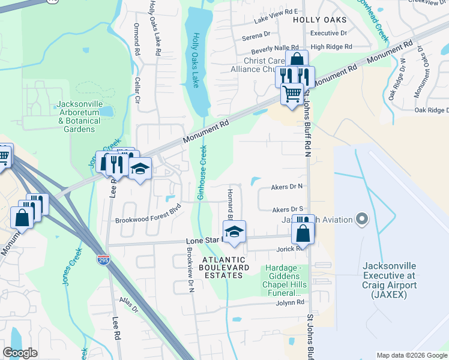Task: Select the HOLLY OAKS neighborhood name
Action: coord(320,20)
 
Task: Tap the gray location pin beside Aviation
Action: coord(361,219)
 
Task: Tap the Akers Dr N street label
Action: coord(286,187)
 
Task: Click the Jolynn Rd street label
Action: coord(291,302)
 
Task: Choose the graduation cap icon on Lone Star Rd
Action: coord(235,232)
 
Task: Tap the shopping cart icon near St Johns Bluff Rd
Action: coord(292,94)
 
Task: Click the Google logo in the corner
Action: coord(20,353)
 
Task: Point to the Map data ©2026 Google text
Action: coord(411,355)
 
